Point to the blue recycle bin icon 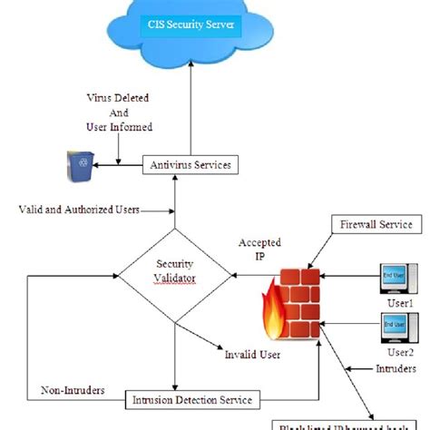(x=79, y=164)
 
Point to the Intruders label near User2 (x=396, y=368)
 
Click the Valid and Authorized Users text (x=79, y=210)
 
